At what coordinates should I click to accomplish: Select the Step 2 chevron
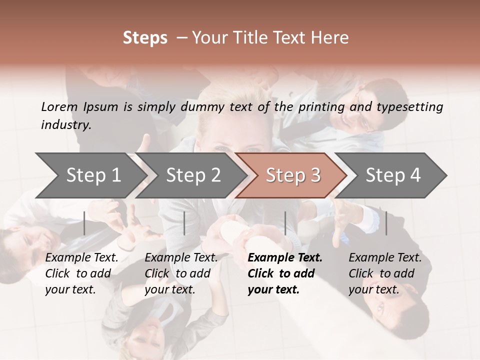coord(193,175)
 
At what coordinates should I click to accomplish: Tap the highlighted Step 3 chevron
coord(293,175)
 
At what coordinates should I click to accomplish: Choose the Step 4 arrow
coord(393,175)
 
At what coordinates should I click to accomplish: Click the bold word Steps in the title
coord(145,38)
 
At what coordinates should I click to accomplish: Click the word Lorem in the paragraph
coord(59,106)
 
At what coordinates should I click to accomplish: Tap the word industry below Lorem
coord(66,124)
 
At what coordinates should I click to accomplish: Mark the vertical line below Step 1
coord(84,223)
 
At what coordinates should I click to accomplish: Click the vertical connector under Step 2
coord(184,223)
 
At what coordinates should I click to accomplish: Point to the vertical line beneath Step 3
coord(285,223)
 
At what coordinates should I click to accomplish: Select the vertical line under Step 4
coord(386,223)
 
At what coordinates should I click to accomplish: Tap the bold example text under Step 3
coord(284,273)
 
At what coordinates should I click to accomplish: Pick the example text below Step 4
coord(384,273)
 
